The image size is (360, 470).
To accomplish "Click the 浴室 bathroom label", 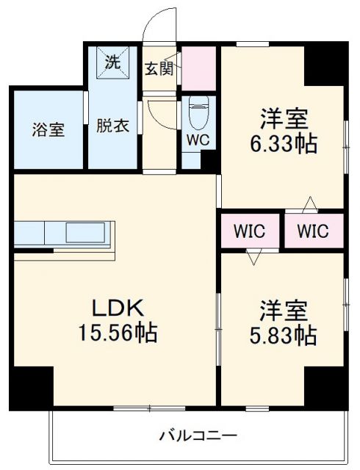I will pos(47,130).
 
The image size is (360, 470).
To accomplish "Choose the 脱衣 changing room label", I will pos(112,126).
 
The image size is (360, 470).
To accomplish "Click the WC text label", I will pos(197,139).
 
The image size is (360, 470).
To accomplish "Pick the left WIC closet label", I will pos(249,231).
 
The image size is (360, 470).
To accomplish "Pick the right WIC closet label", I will pos(313,231).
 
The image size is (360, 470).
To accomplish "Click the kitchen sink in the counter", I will pos(87,234).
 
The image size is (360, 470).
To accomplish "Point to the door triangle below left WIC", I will pos(255,257).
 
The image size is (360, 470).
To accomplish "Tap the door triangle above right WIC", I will pos(312,203).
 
